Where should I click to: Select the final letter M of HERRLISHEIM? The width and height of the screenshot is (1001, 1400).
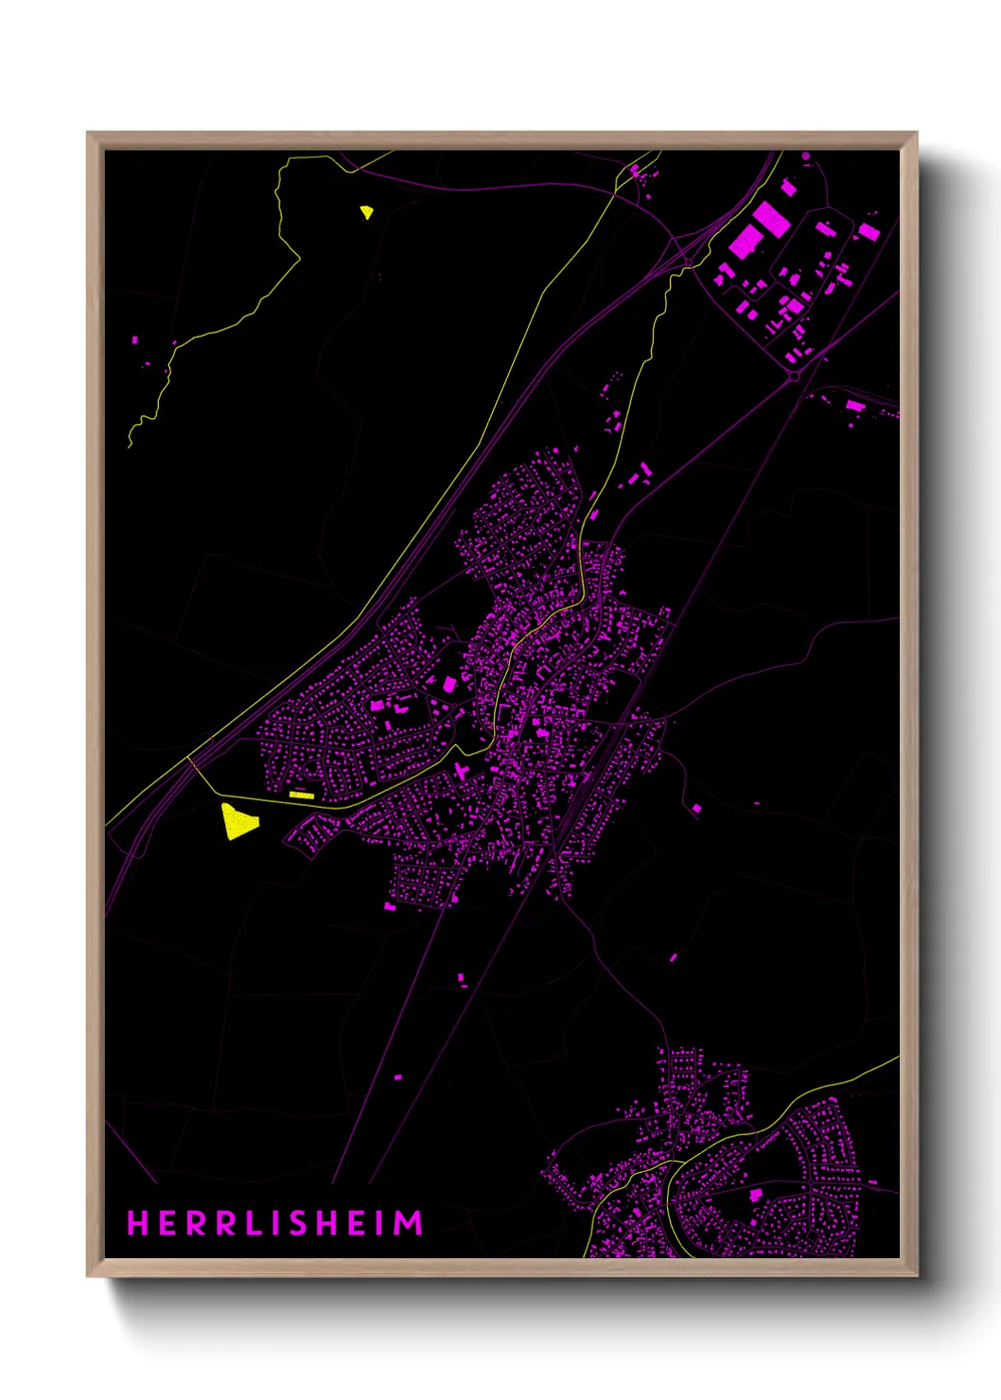coord(408,1223)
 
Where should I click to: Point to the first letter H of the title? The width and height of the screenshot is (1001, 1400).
coord(138,1223)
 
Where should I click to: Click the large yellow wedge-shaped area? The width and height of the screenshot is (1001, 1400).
coord(237,821)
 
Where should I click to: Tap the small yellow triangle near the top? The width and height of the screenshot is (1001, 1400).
coord(366,212)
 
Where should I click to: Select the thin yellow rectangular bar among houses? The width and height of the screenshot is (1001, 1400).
coord(301,795)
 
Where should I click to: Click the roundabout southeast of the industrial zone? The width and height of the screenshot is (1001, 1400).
coord(795,376)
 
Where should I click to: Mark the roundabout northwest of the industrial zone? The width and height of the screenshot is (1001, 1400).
coord(689,261)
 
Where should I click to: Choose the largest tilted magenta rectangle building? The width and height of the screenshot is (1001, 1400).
coord(771,219)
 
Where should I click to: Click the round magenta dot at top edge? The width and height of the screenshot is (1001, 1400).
coord(806,155)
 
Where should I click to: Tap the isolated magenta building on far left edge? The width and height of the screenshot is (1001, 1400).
coord(134,339)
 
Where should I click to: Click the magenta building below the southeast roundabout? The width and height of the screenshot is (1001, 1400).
coord(855,406)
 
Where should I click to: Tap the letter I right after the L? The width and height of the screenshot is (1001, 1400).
coord(275,1223)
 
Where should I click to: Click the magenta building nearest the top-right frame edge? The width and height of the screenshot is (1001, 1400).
coord(869,232)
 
